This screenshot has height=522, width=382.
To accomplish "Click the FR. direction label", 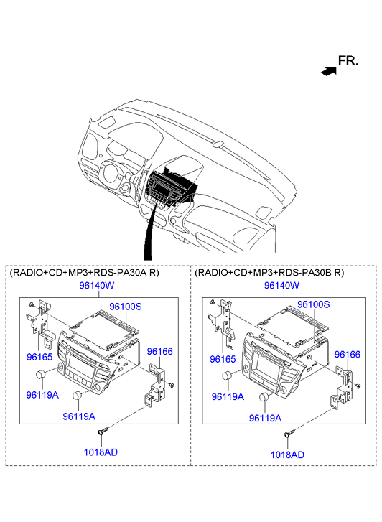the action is (348, 60).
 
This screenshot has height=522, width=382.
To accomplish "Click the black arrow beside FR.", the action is (328, 71).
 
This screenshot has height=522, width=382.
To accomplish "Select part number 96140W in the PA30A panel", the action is (97, 285).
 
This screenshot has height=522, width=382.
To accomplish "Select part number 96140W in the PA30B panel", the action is (281, 285).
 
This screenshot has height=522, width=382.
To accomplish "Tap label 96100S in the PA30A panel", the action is (126, 307).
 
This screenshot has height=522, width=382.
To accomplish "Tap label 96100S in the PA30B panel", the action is (313, 304).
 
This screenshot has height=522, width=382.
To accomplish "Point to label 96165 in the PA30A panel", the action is (39, 357).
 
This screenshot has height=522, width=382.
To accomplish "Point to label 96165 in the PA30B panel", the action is (223, 359).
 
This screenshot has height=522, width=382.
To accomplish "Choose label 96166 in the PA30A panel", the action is (160, 351).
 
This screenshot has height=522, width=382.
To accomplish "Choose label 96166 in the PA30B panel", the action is (348, 354).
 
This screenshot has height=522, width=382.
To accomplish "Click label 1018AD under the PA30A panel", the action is (101, 452).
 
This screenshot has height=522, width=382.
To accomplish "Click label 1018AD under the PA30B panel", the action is (287, 455).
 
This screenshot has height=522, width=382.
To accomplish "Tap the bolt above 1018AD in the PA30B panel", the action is (289, 433).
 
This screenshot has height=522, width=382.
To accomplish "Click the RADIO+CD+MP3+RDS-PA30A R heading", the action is (85, 273).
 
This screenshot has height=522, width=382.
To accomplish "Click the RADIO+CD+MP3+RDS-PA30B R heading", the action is (269, 273).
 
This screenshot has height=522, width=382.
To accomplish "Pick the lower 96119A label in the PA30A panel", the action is (79, 416).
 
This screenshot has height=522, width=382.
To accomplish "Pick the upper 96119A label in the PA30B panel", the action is (228, 396).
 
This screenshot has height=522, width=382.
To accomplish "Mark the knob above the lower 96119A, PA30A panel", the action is (78, 395).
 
